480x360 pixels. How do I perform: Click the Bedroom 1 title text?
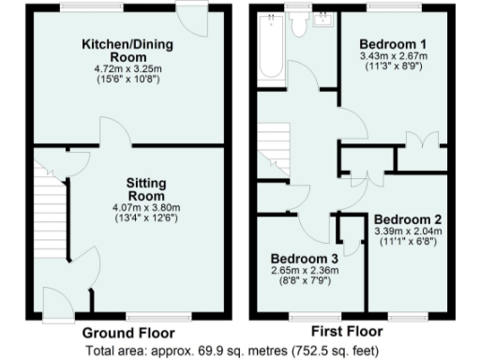[x=395, y=44]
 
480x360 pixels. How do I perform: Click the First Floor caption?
[x=346, y=332]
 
